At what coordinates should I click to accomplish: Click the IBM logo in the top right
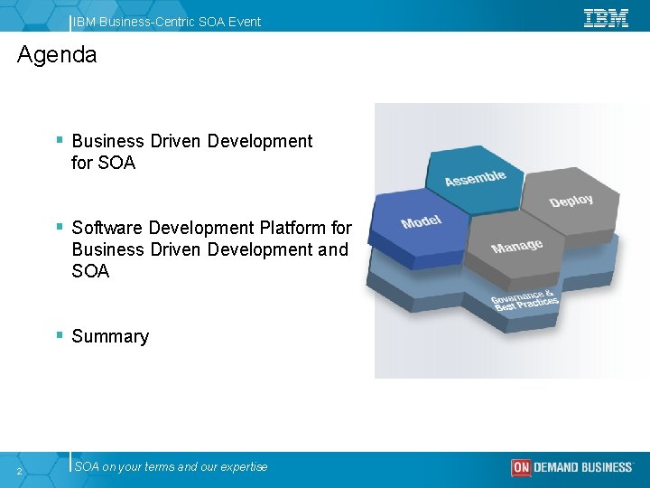click(x=606, y=18)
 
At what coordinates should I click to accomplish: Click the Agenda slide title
click(x=57, y=55)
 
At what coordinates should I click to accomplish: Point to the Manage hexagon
click(x=516, y=246)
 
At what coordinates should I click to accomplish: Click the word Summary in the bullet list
click(x=110, y=336)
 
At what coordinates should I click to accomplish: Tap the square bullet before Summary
click(x=59, y=335)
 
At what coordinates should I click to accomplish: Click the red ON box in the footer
click(x=521, y=467)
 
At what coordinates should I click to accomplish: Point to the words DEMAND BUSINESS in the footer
click(x=583, y=467)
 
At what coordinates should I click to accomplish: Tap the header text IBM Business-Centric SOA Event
click(x=168, y=21)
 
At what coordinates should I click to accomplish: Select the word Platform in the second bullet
click(x=292, y=228)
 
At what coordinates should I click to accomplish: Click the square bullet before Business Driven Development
click(x=59, y=140)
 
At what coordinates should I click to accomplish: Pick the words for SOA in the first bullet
click(x=103, y=163)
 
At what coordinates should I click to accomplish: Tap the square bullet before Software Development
click(x=59, y=227)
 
